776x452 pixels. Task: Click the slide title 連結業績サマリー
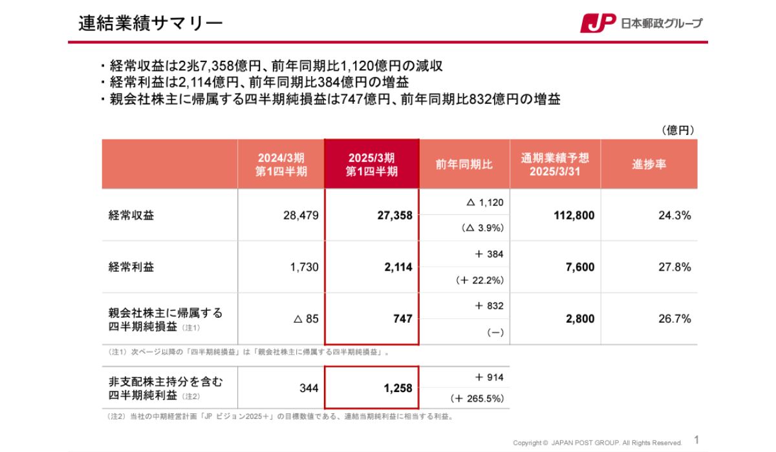(150, 24)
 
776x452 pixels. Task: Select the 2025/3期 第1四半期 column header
(371, 165)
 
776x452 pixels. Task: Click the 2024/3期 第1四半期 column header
(281, 165)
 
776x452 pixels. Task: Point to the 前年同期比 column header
(464, 165)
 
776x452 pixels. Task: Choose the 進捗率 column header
(649, 165)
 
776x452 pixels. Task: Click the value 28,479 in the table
(301, 216)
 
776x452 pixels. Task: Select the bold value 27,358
(394, 216)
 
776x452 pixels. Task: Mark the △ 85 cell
(306, 319)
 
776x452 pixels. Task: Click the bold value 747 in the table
(402, 319)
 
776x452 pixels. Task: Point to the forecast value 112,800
(574, 216)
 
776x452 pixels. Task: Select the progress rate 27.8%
(674, 267)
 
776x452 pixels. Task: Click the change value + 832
(489, 306)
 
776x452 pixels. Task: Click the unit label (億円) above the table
(678, 130)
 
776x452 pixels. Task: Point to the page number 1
(696, 440)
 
